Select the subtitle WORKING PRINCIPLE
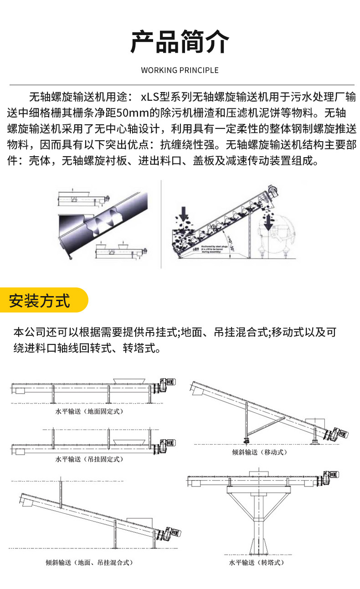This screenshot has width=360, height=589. pos(180,70)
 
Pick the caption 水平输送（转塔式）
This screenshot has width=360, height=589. pos(257,563)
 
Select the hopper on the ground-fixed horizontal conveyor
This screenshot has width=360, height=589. pos(129,380)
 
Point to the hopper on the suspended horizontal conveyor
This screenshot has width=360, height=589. pos(129,441)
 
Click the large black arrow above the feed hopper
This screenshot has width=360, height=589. pos(184,213)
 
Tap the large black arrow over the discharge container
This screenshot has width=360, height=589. pos(268,222)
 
